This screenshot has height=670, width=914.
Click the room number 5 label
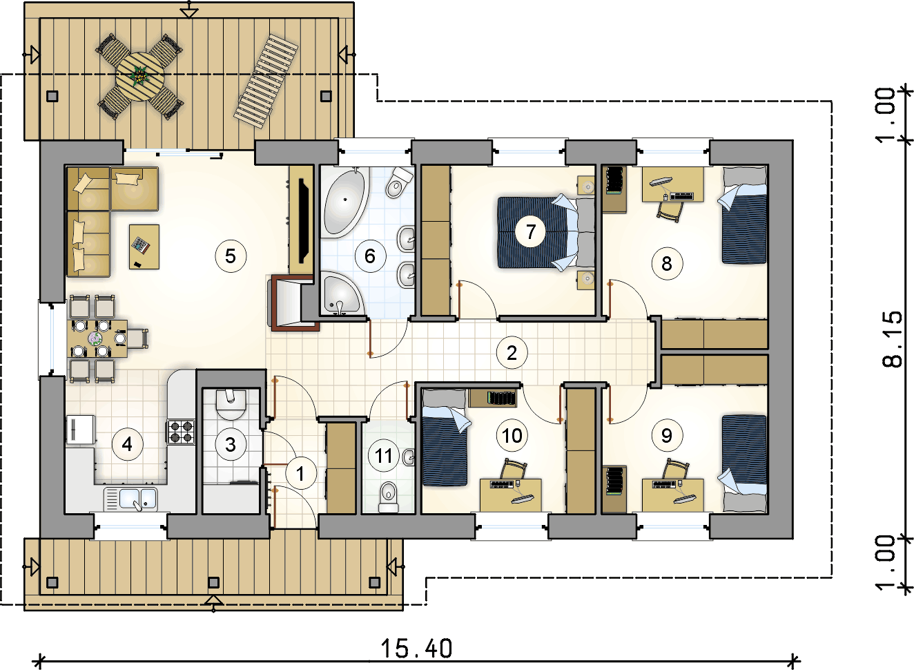coord(231,256)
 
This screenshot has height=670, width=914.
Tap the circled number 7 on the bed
coord(530,232)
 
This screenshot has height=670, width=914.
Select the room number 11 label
coord(384,456)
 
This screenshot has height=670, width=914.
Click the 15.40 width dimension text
coord(416,649)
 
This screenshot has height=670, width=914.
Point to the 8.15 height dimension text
coord(892,339)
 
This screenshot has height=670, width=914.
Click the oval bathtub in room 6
coord(345,203)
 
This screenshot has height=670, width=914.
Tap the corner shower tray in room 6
coord(342,294)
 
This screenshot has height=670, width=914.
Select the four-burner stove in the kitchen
coord(181,432)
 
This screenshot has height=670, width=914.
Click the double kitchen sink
coord(130,499)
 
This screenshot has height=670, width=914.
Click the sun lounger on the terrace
coord(266,81)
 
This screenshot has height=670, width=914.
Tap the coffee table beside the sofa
coord(144,247)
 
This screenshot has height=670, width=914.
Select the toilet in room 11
coord(388,497)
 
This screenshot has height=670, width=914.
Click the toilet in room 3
coord(231,404)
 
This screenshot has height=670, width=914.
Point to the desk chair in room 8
coord(670,211)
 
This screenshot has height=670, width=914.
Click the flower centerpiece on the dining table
coord(95,338)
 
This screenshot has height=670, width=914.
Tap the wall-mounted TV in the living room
coord(304,220)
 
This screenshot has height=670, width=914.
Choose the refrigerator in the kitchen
coord(81,429)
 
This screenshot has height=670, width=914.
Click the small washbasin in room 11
coord(409,457)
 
